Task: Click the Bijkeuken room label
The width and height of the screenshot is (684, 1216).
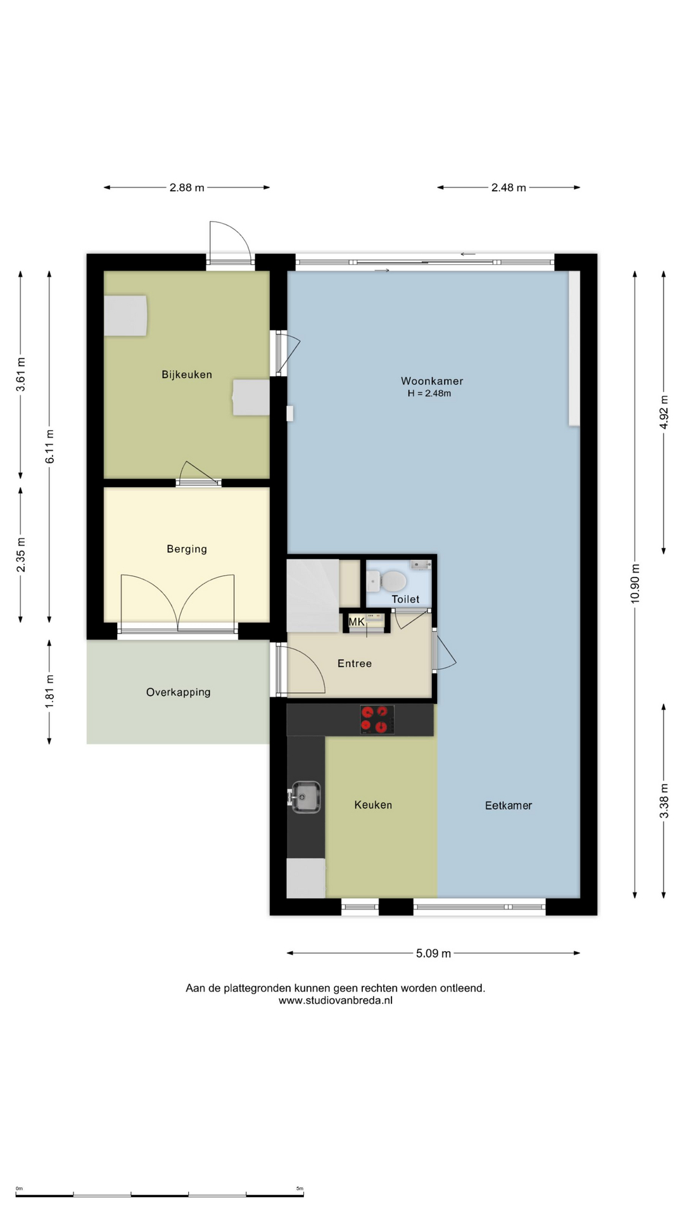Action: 187,374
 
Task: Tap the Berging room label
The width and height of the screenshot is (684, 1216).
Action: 187,549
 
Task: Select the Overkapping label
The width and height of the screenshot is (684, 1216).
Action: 179,692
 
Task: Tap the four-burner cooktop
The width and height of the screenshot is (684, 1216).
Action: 377,719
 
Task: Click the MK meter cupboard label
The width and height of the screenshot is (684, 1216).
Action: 357,622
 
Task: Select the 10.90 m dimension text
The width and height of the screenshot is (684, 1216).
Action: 635,583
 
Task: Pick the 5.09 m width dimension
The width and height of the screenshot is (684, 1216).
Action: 434,953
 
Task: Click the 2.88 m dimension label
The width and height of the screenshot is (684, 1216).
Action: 187,187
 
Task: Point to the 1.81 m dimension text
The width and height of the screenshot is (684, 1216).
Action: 49,691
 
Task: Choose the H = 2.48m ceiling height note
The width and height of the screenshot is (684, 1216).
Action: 429,393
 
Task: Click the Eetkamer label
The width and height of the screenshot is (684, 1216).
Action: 509,806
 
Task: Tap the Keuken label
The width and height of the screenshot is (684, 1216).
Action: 373,805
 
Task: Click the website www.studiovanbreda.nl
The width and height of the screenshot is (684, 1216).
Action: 336,1001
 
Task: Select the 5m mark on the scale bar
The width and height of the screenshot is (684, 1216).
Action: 300,1189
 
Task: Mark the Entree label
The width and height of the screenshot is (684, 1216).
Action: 355,664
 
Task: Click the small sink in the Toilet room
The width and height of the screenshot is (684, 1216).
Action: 420,564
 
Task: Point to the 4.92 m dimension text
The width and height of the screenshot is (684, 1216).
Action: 664,412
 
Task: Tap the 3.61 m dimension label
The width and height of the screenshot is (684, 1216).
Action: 21,374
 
